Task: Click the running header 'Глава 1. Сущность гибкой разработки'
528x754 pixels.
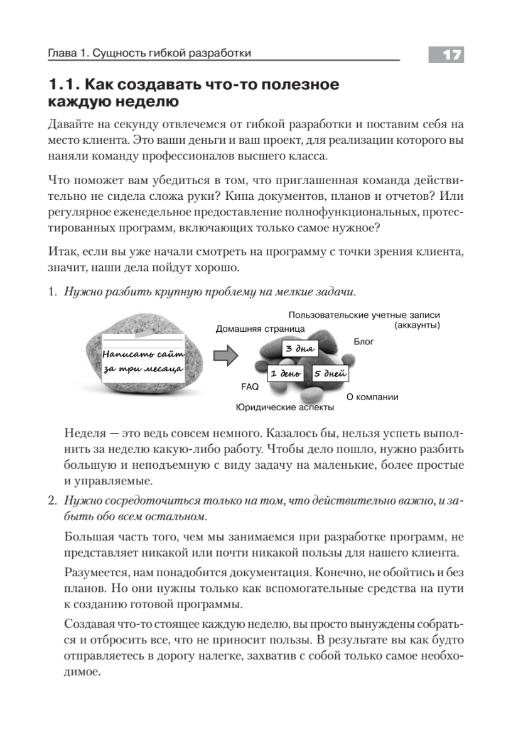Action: [150, 54]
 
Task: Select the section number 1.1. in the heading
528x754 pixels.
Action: [63, 85]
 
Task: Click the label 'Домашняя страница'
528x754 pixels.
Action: [261, 329]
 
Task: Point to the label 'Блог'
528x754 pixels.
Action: [364, 342]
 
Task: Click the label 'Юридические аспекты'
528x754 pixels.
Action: [284, 407]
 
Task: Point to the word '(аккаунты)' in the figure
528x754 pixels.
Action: [417, 325]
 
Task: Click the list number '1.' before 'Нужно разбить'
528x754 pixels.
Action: [53, 292]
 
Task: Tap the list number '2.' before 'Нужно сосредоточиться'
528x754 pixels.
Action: [53, 501]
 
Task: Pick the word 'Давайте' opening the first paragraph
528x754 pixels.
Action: [71, 123]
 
